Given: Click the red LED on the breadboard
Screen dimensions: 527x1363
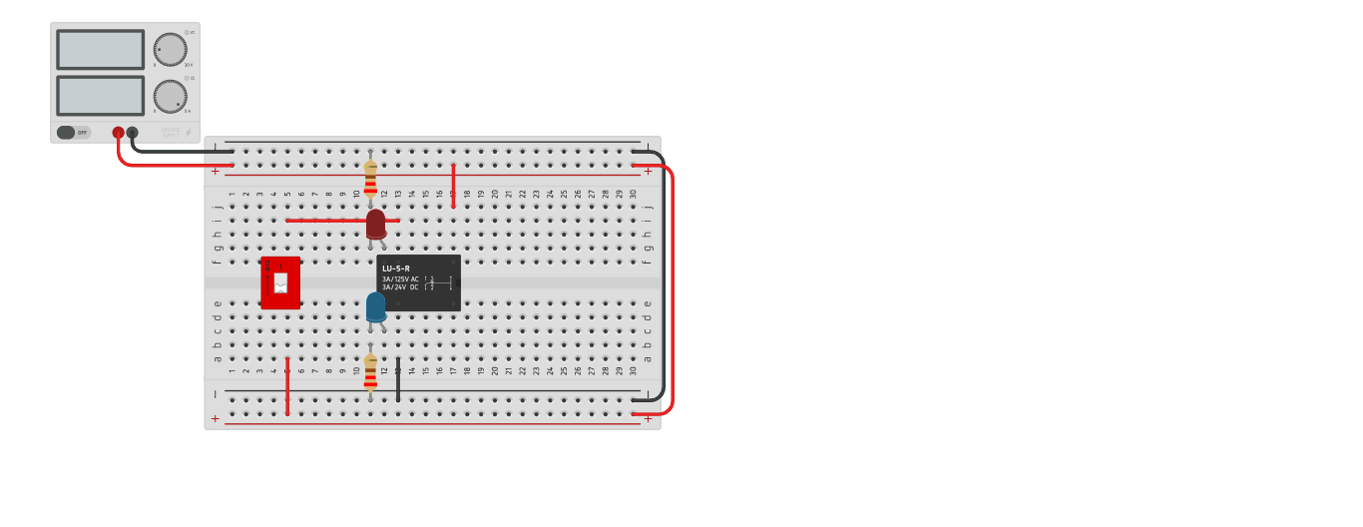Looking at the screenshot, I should [x=375, y=224].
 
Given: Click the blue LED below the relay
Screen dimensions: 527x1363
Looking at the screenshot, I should [x=375, y=306].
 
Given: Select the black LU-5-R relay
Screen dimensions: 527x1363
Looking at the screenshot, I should [x=418, y=283].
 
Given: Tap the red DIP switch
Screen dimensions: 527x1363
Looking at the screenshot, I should [x=280, y=282].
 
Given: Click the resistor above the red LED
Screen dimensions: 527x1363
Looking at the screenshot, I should [x=370, y=179].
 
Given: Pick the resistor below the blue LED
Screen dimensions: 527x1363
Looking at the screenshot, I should [x=370, y=372].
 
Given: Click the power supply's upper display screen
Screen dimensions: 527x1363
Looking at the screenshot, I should [x=100, y=49].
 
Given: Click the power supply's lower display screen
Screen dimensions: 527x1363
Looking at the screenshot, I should [x=100, y=96].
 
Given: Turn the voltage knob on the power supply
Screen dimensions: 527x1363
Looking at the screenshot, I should [x=170, y=49].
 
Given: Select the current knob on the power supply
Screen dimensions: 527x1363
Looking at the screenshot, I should [x=170, y=96].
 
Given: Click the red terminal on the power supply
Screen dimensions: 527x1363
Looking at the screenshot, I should [x=118, y=132].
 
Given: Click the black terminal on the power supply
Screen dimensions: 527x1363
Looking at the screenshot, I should [x=132, y=132].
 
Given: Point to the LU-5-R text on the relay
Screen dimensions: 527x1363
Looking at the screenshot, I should [x=396, y=268].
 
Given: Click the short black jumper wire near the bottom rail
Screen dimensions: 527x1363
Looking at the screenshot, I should [x=398, y=380].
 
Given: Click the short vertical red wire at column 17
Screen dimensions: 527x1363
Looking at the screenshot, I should [x=453, y=186].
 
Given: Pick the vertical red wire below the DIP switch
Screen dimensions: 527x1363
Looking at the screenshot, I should [x=287, y=386].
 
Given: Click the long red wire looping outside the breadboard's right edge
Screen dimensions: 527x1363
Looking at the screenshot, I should [x=672, y=289].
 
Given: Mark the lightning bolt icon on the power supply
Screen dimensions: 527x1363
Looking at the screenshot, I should [x=188, y=132].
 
